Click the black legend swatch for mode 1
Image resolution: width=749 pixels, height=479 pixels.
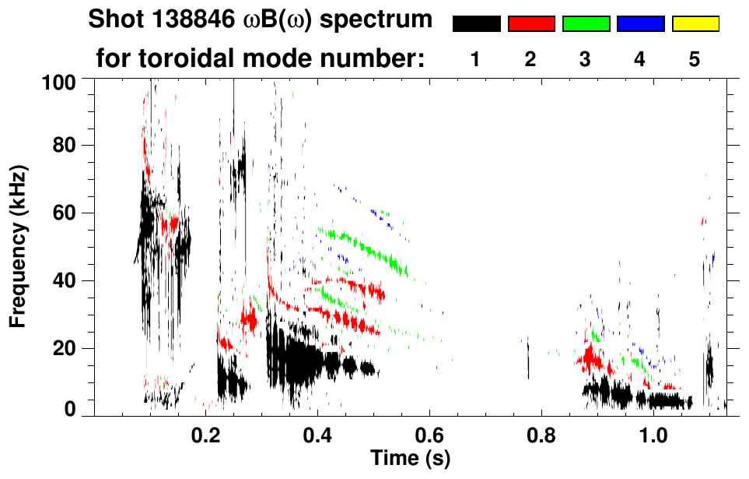pos(476,24)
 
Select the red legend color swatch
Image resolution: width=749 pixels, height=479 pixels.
pos(531,24)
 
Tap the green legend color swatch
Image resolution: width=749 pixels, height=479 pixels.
pos(586,24)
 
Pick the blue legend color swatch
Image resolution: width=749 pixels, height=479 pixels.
pos(640,24)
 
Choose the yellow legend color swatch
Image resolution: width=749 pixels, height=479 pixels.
pos(695,24)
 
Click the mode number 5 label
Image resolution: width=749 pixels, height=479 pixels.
pos(695,59)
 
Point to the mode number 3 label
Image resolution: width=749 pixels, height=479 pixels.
pos(586,59)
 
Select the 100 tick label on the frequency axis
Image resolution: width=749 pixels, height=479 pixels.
pos(59,81)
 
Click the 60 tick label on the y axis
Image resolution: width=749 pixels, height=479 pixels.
pos(65,213)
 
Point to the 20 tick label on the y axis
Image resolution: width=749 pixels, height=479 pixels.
pos(65,348)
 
